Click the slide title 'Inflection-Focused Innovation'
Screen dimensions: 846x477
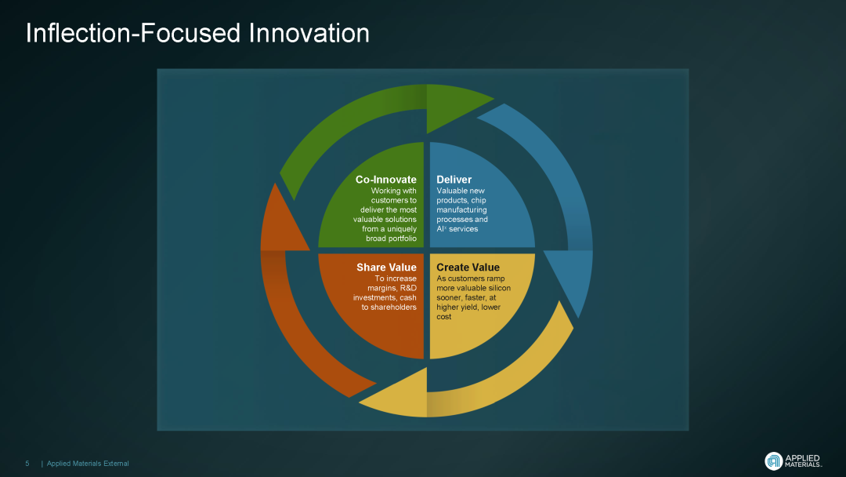197,34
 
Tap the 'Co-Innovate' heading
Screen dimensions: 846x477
385,180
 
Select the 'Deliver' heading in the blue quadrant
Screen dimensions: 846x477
454,180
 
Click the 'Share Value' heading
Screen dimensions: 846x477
386,267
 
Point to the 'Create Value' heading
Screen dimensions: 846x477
468,267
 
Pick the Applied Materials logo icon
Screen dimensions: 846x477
774,461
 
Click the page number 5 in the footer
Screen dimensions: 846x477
27,464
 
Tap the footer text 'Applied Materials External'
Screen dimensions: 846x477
88,464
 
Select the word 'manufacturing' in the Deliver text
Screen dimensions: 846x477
461,209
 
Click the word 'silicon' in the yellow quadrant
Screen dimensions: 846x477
499,288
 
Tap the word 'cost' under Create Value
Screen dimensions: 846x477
443,316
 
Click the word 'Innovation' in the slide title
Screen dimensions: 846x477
309,34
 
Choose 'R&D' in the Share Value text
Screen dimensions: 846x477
408,288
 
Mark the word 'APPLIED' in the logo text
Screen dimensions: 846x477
802,458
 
